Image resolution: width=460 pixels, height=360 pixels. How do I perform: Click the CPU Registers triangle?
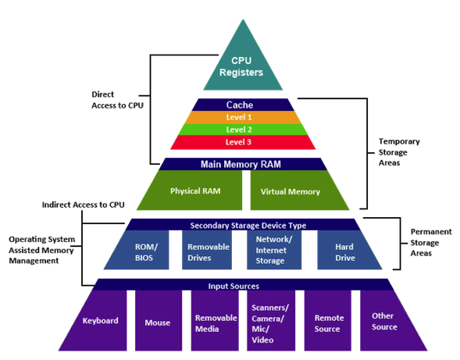[x=243, y=65]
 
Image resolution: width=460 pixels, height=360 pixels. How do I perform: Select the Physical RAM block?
[x=194, y=191]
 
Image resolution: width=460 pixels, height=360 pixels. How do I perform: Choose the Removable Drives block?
[x=207, y=250]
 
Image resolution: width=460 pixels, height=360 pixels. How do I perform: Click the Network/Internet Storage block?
[x=274, y=250]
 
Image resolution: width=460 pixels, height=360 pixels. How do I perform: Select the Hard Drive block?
[x=346, y=250]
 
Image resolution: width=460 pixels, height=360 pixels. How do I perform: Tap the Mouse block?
[x=159, y=321]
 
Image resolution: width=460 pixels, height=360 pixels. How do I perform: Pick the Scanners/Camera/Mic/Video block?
[x=271, y=321]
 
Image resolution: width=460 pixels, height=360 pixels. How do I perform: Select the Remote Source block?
[x=328, y=321]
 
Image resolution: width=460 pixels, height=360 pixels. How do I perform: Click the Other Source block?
[x=387, y=321]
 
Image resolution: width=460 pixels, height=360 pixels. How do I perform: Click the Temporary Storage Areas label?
[x=399, y=152]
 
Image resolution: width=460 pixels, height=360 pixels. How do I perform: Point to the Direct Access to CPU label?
[x=117, y=100]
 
